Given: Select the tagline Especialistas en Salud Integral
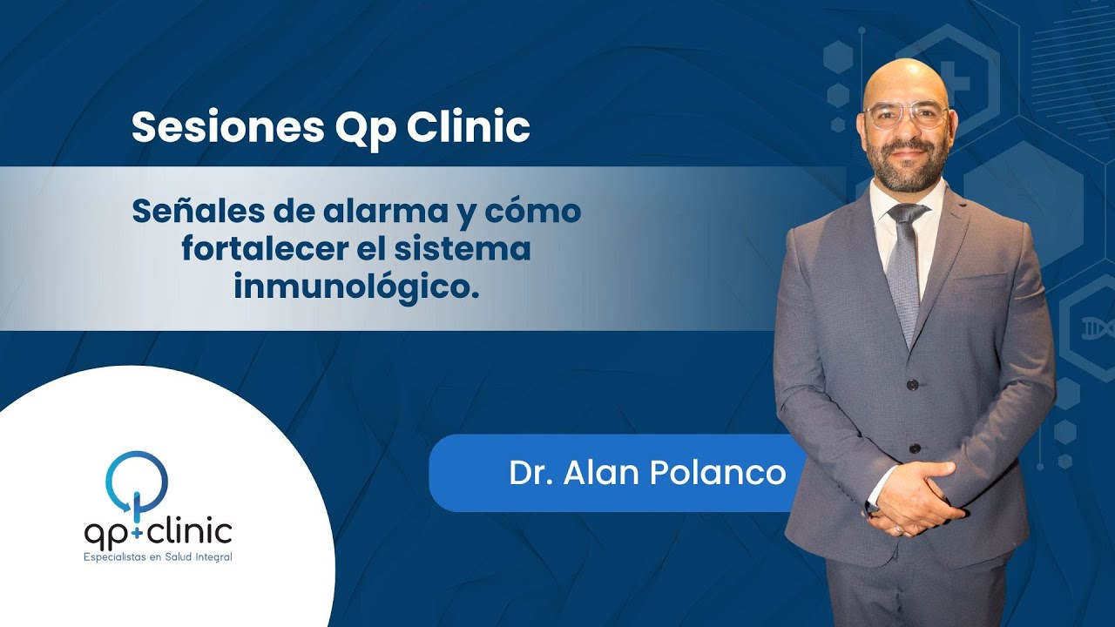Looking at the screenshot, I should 158,556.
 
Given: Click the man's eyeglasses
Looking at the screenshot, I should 906,115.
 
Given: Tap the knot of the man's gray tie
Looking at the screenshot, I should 907,213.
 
